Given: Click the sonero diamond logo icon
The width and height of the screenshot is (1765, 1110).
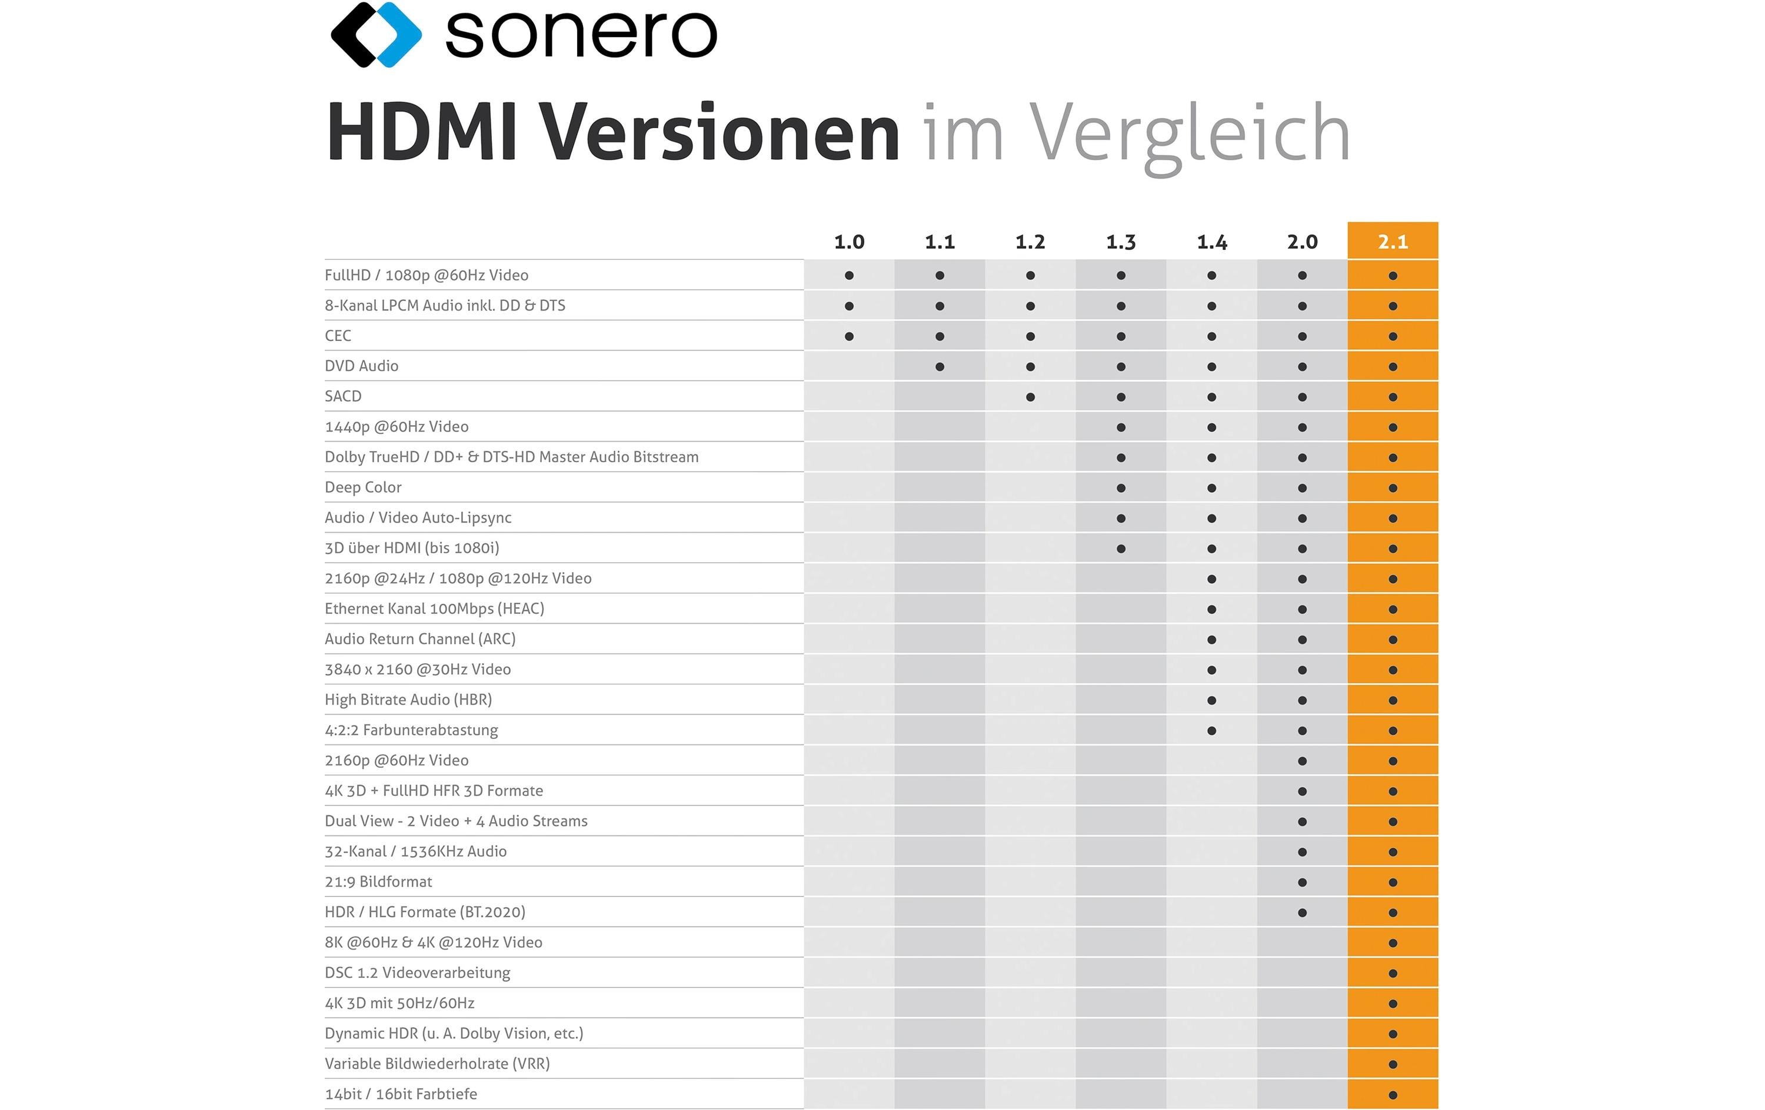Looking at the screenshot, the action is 376,35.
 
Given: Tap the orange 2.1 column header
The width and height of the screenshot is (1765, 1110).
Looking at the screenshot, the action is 1393,241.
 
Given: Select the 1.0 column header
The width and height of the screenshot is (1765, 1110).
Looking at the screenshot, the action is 849,242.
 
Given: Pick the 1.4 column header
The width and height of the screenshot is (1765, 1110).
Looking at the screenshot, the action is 1211,242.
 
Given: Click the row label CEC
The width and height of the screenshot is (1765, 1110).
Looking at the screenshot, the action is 338,336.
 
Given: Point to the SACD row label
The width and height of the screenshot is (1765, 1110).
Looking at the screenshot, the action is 343,396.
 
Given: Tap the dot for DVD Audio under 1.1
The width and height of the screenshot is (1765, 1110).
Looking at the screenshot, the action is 940,367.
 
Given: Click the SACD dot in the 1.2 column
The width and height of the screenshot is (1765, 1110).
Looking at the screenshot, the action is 1031,397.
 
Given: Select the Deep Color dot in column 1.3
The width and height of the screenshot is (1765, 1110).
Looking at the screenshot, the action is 1121,488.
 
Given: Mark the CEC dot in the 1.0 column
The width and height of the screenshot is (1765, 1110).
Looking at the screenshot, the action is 849,336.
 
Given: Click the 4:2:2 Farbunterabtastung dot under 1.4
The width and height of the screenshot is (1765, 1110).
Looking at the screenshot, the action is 1211,730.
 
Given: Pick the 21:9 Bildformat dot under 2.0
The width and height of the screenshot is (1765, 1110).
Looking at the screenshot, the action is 1303,882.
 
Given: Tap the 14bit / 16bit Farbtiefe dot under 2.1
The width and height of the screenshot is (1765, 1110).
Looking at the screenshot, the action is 1393,1095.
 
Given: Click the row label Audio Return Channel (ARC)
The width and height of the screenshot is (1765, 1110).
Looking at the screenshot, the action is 420,639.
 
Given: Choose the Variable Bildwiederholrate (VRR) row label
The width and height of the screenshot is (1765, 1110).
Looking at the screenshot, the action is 437,1064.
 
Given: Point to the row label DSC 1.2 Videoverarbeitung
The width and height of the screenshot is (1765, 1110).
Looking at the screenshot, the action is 418,973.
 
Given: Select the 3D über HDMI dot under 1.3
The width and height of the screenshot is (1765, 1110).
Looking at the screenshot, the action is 1121,549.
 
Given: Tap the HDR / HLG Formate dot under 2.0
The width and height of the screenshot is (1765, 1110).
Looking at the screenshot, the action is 1303,913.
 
